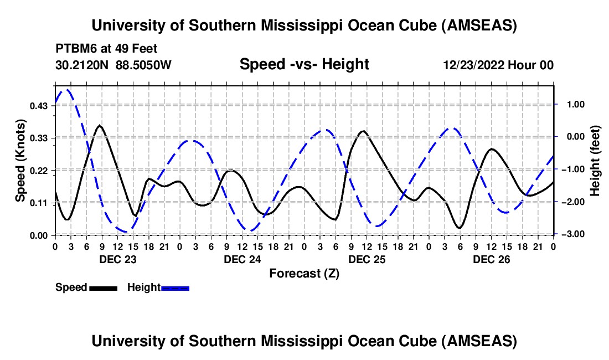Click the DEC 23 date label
117,259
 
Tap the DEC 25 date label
367,259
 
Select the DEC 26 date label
491,259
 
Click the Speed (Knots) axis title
20,161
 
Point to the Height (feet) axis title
595,161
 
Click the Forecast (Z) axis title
304,273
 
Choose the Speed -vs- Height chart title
304,64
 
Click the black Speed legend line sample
103,287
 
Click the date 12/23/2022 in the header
473,65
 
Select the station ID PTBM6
74,48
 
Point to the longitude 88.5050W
144,65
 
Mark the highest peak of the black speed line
100,126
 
